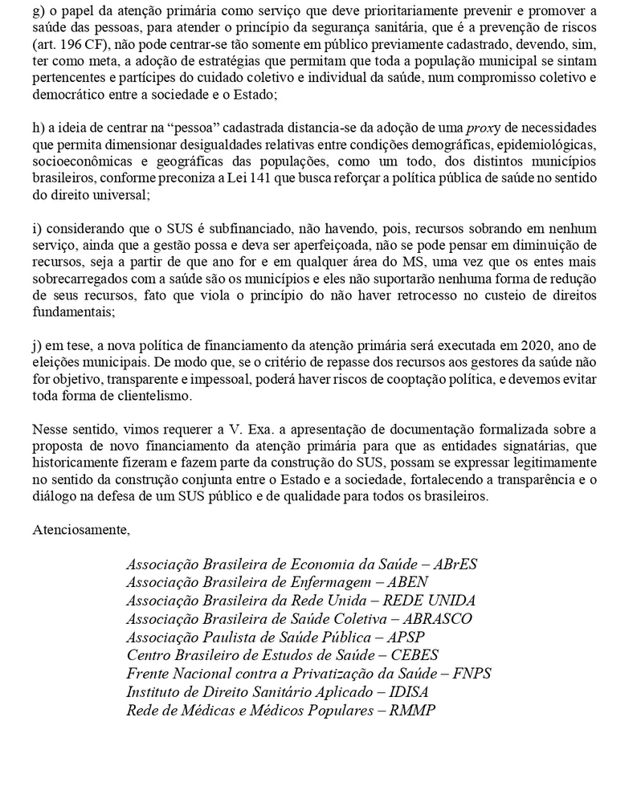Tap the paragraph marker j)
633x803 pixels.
click(x=38, y=346)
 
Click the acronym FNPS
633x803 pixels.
click(x=471, y=674)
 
